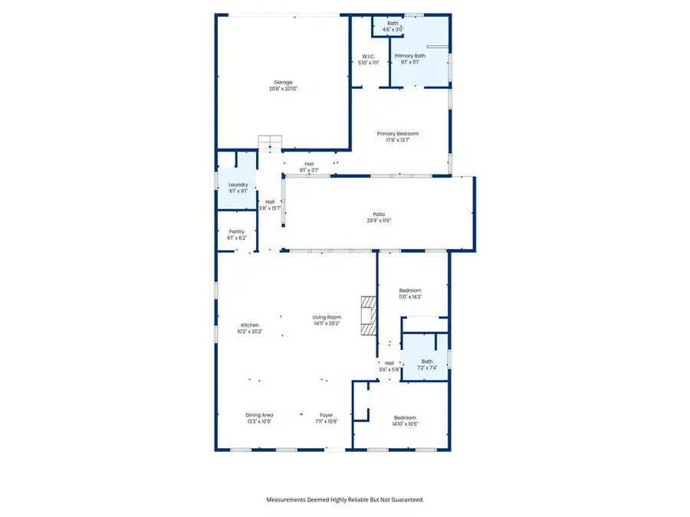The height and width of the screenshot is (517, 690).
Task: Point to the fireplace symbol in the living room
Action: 370,315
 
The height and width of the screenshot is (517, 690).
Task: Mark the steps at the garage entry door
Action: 271,142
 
